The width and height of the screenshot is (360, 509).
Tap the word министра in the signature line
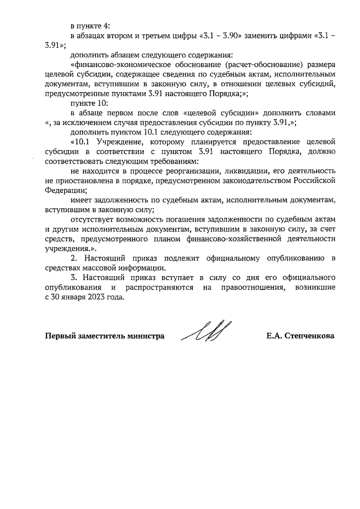pos(144,336)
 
